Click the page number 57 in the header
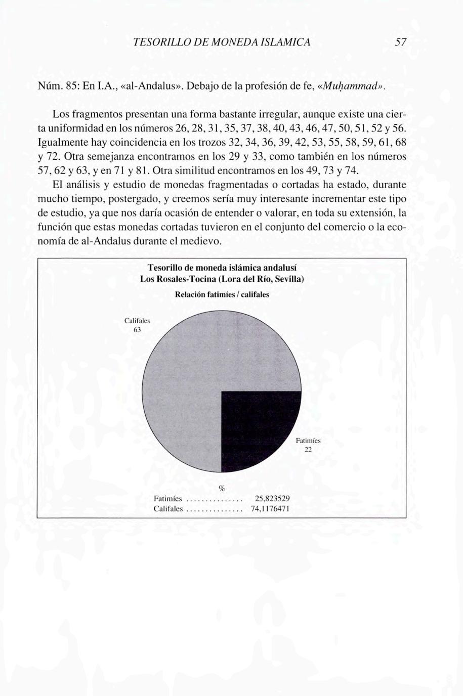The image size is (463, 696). (401, 42)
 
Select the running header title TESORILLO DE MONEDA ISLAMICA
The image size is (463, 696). (222, 42)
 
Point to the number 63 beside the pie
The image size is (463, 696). (137, 330)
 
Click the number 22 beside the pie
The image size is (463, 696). (308, 450)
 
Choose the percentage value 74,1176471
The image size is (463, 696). (270, 509)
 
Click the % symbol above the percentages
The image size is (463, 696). (221, 488)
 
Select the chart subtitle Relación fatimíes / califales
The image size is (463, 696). (222, 294)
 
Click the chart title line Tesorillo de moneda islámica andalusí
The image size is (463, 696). (222, 267)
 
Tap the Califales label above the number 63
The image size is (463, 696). (137, 321)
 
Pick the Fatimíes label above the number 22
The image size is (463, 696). (308, 441)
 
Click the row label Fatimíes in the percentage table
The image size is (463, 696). (167, 499)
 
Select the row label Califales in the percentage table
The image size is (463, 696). (168, 509)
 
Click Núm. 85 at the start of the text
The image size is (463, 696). (57, 86)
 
